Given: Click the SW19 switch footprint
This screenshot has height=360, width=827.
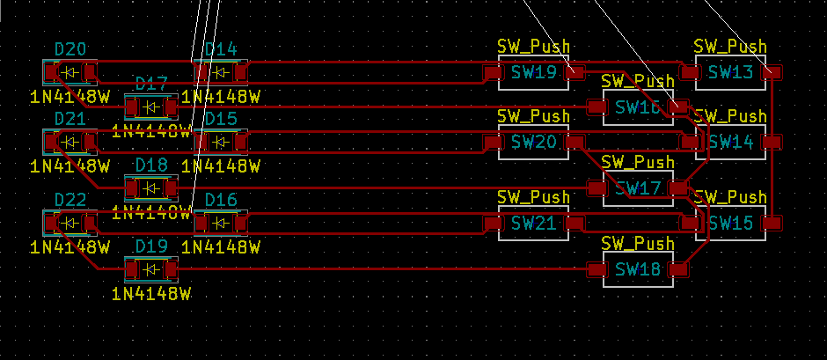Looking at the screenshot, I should click(x=534, y=72).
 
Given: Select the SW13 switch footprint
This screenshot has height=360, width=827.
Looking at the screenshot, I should click(x=730, y=72).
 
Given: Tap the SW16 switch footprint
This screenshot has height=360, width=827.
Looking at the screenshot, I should click(x=637, y=107).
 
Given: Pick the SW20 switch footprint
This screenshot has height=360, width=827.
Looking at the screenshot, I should click(x=534, y=142).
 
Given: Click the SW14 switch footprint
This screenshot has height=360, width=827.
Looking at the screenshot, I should click(x=730, y=142).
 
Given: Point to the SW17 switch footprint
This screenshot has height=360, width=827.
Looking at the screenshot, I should click(x=637, y=187).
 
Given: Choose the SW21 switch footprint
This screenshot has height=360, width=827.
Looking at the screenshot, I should click(x=534, y=223).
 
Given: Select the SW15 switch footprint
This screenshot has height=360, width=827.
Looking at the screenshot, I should click(x=730, y=223).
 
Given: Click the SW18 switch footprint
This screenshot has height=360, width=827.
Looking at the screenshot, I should click(x=637, y=269).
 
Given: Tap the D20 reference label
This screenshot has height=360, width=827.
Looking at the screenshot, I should click(x=70, y=50).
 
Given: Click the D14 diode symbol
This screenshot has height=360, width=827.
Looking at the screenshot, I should click(x=220, y=72).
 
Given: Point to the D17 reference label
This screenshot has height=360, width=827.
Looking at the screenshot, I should click(x=151, y=84).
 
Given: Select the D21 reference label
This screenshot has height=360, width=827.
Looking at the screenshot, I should click(x=70, y=119).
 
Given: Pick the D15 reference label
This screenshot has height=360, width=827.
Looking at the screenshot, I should click(x=220, y=119).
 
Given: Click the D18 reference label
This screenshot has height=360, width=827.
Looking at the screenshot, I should click(x=151, y=165).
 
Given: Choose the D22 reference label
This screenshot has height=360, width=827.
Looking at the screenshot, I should click(x=70, y=201).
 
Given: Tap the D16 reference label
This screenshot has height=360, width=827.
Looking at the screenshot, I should click(x=220, y=201).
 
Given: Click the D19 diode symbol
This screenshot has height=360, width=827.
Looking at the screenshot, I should click(x=151, y=268).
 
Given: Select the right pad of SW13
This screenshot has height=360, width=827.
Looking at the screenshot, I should click(x=771, y=72).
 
